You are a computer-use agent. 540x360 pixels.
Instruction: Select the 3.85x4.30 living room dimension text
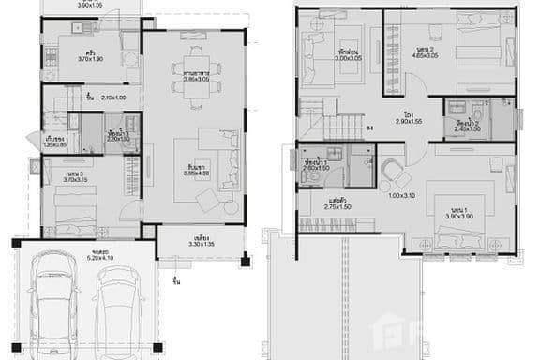click(x=195, y=174)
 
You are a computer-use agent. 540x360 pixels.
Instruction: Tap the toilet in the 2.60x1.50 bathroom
click(x=321, y=176)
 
